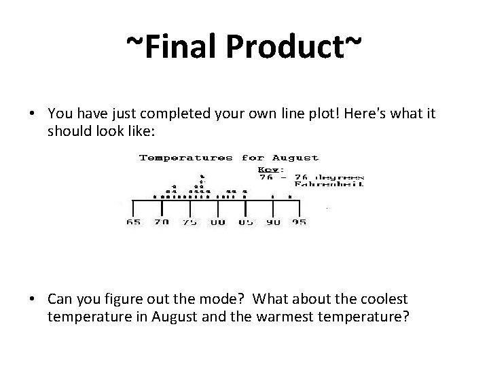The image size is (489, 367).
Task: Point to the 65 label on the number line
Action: click(x=134, y=222)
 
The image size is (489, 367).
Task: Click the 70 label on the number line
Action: click(x=162, y=222)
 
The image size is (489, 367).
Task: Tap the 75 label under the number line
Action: click(x=189, y=222)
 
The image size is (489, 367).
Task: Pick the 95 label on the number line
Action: click(x=299, y=222)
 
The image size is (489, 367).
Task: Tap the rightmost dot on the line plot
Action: click(x=290, y=197)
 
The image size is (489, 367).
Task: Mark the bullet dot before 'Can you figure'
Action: click(x=33, y=298)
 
